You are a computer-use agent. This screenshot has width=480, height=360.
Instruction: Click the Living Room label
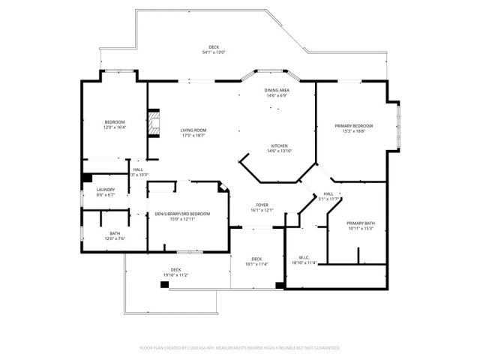(x=193, y=130)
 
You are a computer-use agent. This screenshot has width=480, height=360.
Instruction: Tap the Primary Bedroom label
(x=353, y=125)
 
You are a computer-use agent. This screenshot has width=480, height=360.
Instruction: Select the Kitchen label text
(x=279, y=145)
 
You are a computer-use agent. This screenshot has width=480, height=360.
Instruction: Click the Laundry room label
(x=105, y=189)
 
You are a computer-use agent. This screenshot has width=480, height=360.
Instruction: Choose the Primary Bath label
(x=361, y=223)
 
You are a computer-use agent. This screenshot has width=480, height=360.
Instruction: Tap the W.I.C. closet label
(x=304, y=257)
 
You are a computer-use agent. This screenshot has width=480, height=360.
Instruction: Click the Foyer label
(x=262, y=204)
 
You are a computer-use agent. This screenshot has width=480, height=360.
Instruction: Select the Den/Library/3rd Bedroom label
(x=182, y=214)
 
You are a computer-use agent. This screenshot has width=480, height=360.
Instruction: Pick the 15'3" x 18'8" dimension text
(x=353, y=131)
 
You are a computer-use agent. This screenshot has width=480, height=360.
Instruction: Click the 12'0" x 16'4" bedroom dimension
(x=115, y=127)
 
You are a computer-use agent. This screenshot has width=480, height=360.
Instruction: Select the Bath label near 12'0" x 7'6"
(x=115, y=233)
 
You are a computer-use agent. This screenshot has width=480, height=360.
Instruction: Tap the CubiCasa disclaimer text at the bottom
(x=240, y=348)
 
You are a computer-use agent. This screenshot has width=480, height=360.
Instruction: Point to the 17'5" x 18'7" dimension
(x=193, y=136)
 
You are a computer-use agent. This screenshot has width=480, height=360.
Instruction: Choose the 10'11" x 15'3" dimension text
(x=361, y=229)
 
